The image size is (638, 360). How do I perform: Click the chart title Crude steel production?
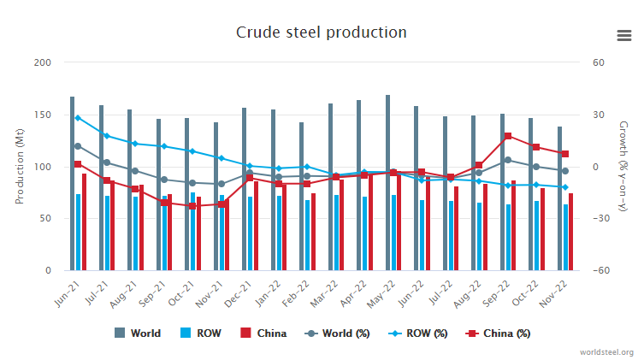coord(321,32)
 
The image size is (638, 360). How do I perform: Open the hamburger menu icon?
coord(623,35)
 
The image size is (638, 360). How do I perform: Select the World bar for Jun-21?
coord(72,183)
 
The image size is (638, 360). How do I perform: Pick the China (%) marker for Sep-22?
coord(508,136)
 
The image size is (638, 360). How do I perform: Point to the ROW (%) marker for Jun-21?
coord(78,118)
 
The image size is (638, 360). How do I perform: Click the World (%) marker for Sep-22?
coord(508,160)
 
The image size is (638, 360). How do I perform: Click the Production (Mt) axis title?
coord(20,167)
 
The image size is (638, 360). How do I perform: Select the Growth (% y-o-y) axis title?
coord(622,167)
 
